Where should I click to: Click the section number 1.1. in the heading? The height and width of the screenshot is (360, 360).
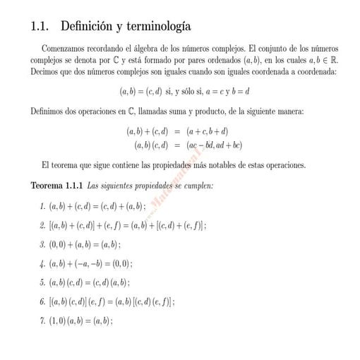41,28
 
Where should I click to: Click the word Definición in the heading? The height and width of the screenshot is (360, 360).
87,28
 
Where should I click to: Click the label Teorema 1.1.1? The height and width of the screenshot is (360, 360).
57,186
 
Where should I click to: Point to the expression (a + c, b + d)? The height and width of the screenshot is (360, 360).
207,131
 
